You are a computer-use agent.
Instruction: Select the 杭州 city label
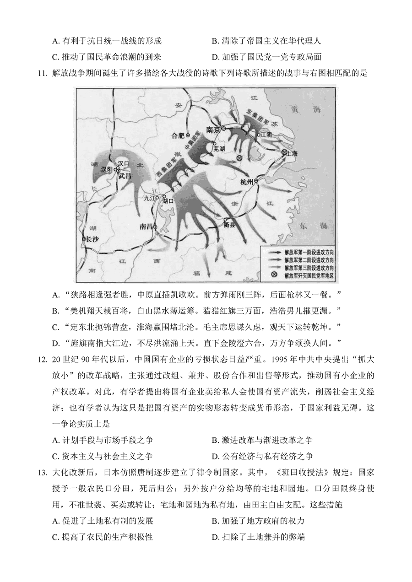[246, 182]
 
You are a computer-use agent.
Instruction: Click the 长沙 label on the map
[92, 239]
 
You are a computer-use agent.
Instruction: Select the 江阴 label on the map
[266, 135]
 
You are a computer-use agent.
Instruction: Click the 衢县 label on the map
[229, 225]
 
